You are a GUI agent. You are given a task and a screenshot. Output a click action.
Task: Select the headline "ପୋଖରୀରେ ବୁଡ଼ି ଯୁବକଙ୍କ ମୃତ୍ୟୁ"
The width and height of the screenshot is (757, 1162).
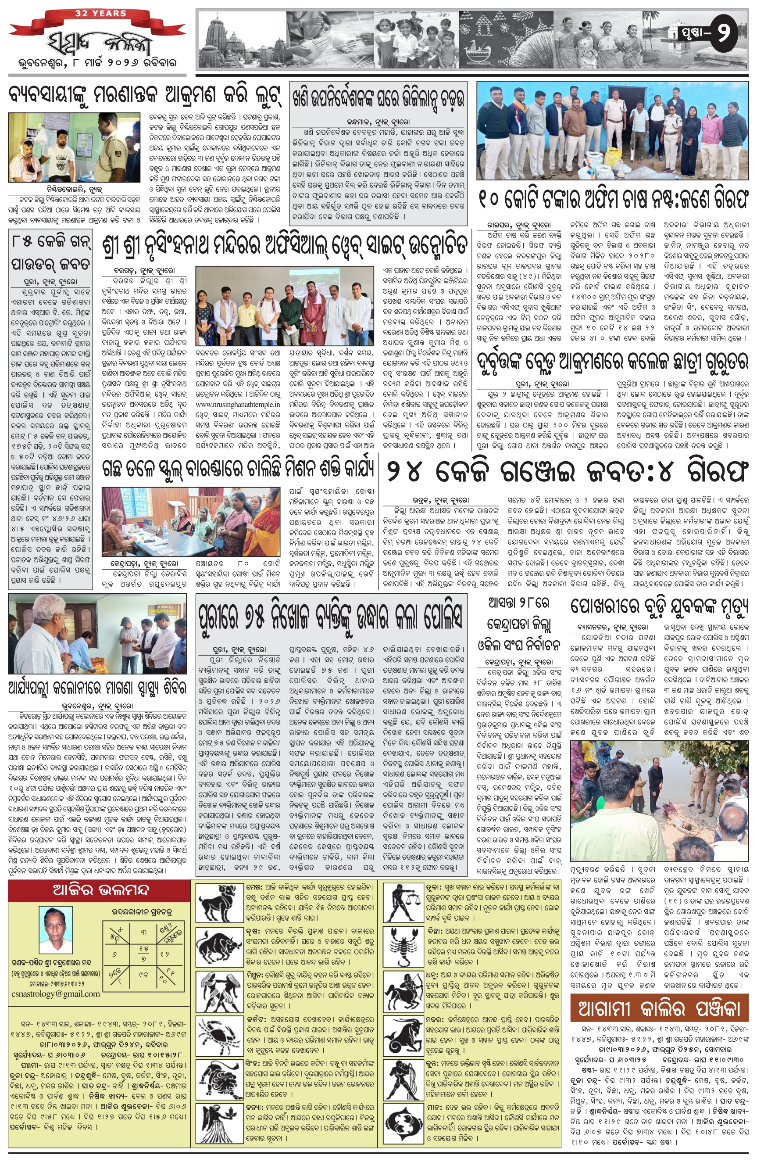(658, 607)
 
